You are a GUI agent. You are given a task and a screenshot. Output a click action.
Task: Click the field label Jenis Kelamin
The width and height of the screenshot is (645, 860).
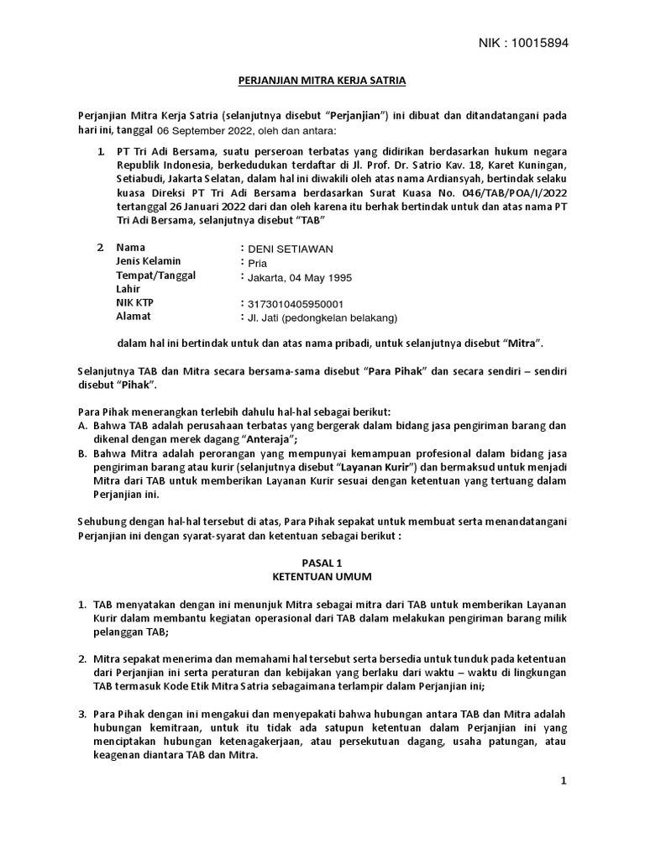click(149, 261)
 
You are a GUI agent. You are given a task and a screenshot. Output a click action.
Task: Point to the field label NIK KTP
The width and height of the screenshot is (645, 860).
click(135, 302)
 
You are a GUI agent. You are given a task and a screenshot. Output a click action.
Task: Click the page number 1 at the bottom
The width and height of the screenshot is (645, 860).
click(564, 781)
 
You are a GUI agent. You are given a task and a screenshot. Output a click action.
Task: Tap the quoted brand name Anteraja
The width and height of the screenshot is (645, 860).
click(270, 439)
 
